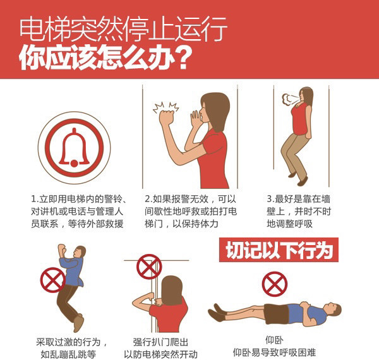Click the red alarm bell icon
pyautogui.click(x=74, y=147)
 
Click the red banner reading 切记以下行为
pyautogui.click(x=279, y=250)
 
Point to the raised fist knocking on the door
pyautogui.click(x=167, y=117)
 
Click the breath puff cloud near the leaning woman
pyautogui.click(x=288, y=99)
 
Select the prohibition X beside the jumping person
pyautogui.click(x=53, y=280)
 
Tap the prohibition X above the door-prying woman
pyautogui.click(x=149, y=267)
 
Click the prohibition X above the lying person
pyautogui.click(x=275, y=284)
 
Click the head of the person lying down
pyautogui.click(x=334, y=309)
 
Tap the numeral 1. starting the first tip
pyautogui.click(x=35, y=199)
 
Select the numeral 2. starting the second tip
pyautogui.click(x=148, y=199)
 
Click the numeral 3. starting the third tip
pyautogui.click(x=271, y=199)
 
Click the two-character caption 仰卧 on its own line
pyautogui.click(x=274, y=340)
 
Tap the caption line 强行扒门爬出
pyautogui.click(x=160, y=342)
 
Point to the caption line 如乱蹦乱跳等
pyautogui.click(x=68, y=354)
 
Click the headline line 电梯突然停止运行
pyautogui.click(x=123, y=28)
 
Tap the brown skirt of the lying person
pyautogui.click(x=276, y=314)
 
